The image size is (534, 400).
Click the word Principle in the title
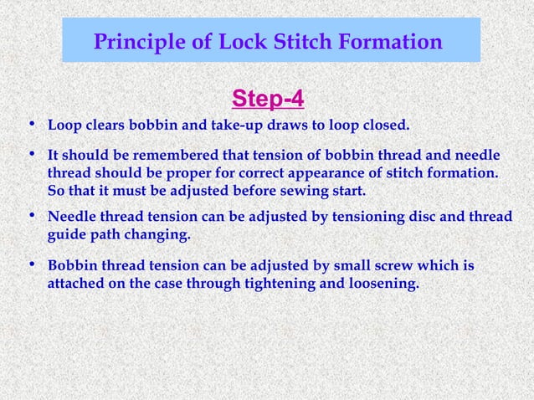[136, 41]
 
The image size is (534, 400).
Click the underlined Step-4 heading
[267, 100]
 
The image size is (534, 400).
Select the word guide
[66, 235]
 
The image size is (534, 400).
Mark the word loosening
[376, 284]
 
